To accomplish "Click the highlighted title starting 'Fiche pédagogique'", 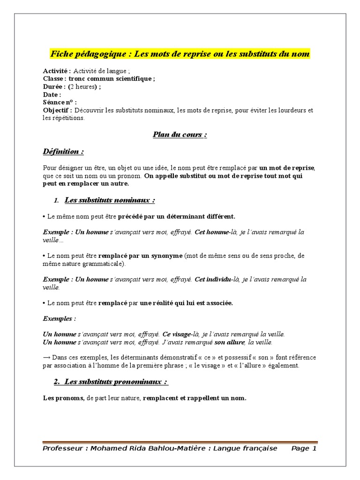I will (x=180, y=54).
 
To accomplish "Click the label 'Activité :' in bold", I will (x=57, y=71).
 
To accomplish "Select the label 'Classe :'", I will (x=55, y=79).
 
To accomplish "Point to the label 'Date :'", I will (x=52, y=95).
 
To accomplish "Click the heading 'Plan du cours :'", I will (x=180, y=135).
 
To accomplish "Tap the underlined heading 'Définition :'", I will (x=64, y=151).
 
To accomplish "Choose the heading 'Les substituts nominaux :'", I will (x=110, y=200).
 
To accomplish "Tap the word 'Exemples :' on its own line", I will (x=60, y=319).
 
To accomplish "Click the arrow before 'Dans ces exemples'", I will (x=46, y=357).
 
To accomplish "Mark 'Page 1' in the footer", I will (x=304, y=449).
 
